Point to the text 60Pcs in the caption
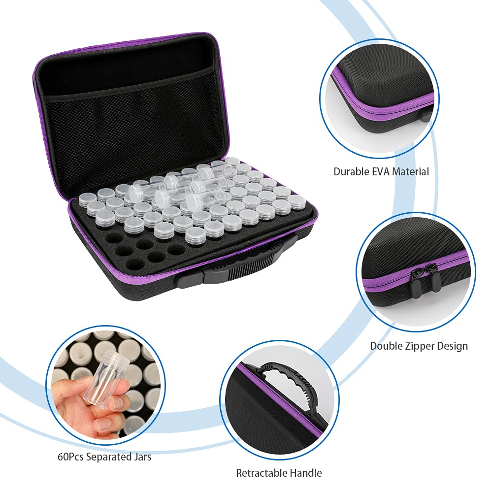coord(70,457)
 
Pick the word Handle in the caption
coord(307,473)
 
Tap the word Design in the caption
coord(453,346)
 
